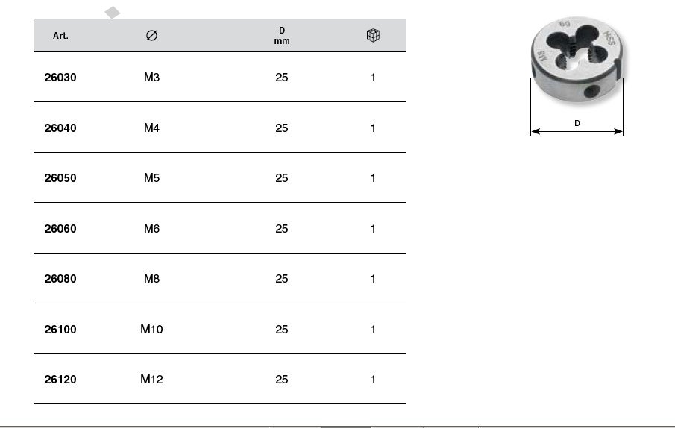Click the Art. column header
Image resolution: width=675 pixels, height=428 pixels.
point(60,36)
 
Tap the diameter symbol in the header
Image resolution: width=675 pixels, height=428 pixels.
point(151,35)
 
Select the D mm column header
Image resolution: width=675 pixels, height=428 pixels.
point(282,36)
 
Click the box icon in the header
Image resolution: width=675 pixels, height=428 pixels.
point(373,35)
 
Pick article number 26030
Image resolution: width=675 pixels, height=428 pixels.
point(60,78)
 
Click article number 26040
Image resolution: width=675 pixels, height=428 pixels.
point(60,128)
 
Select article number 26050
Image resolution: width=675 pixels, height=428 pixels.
point(60,178)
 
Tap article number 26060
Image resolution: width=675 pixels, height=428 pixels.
point(60,229)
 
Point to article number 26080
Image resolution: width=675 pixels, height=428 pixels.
point(60,279)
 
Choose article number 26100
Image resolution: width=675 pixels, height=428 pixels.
point(60,330)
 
